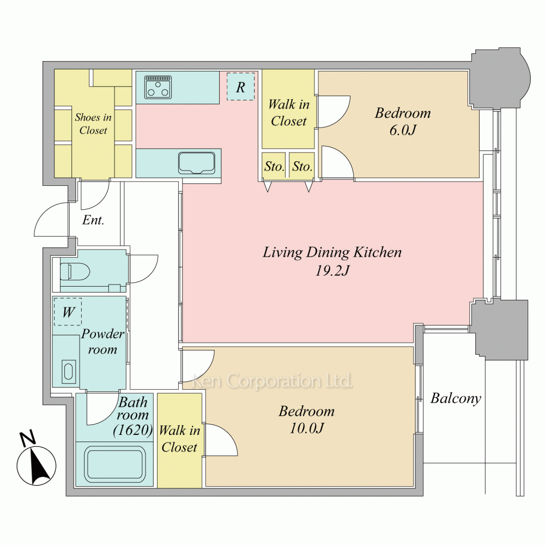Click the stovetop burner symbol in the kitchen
[159, 87]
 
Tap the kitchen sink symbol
[196, 162]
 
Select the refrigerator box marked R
[240, 87]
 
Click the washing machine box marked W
[68, 312]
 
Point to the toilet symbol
[75, 271]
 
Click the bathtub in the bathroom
[114, 464]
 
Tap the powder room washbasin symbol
[69, 372]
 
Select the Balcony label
[456, 398]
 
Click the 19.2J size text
[332, 271]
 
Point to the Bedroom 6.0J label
[403, 122]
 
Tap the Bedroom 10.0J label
[306, 420]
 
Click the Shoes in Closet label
[93, 124]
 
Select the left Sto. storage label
[274, 166]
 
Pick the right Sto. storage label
[302, 166]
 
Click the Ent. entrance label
[93, 220]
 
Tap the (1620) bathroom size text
[133, 431]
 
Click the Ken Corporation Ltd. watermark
[272, 381]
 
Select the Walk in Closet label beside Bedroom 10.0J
[179, 439]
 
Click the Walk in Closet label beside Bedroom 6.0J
[288, 113]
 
